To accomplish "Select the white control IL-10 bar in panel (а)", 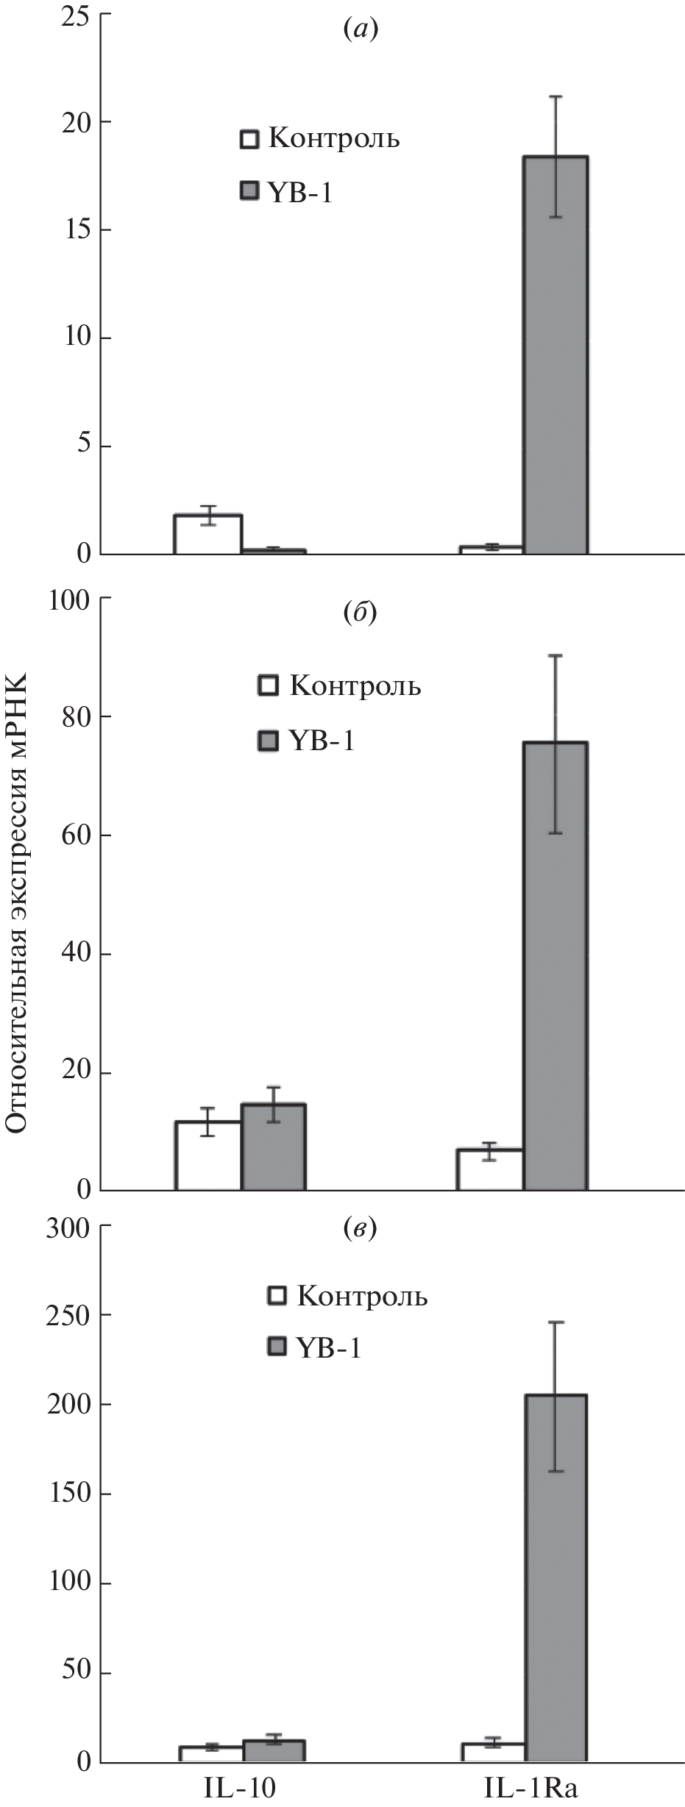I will pyautogui.click(x=208, y=534).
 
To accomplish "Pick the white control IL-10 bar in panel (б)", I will pyautogui.click(x=208, y=1155).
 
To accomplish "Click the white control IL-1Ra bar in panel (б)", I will pyautogui.click(x=490, y=1169).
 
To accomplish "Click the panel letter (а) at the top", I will pyautogui.click(x=361, y=29).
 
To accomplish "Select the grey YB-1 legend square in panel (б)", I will pyautogui.click(x=268, y=741).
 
